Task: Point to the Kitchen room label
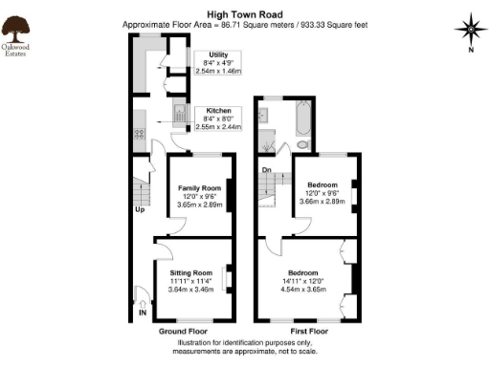tap(219, 111)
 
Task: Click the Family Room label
tap(199, 188)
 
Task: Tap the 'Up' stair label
tap(139, 208)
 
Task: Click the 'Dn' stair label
tap(267, 171)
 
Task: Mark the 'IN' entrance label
tap(143, 312)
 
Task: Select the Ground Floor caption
tap(183, 331)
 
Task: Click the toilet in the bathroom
tap(302, 144)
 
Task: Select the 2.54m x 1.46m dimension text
tap(218, 72)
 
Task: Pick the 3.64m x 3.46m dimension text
tap(191, 290)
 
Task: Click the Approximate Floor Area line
tap(244, 26)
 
